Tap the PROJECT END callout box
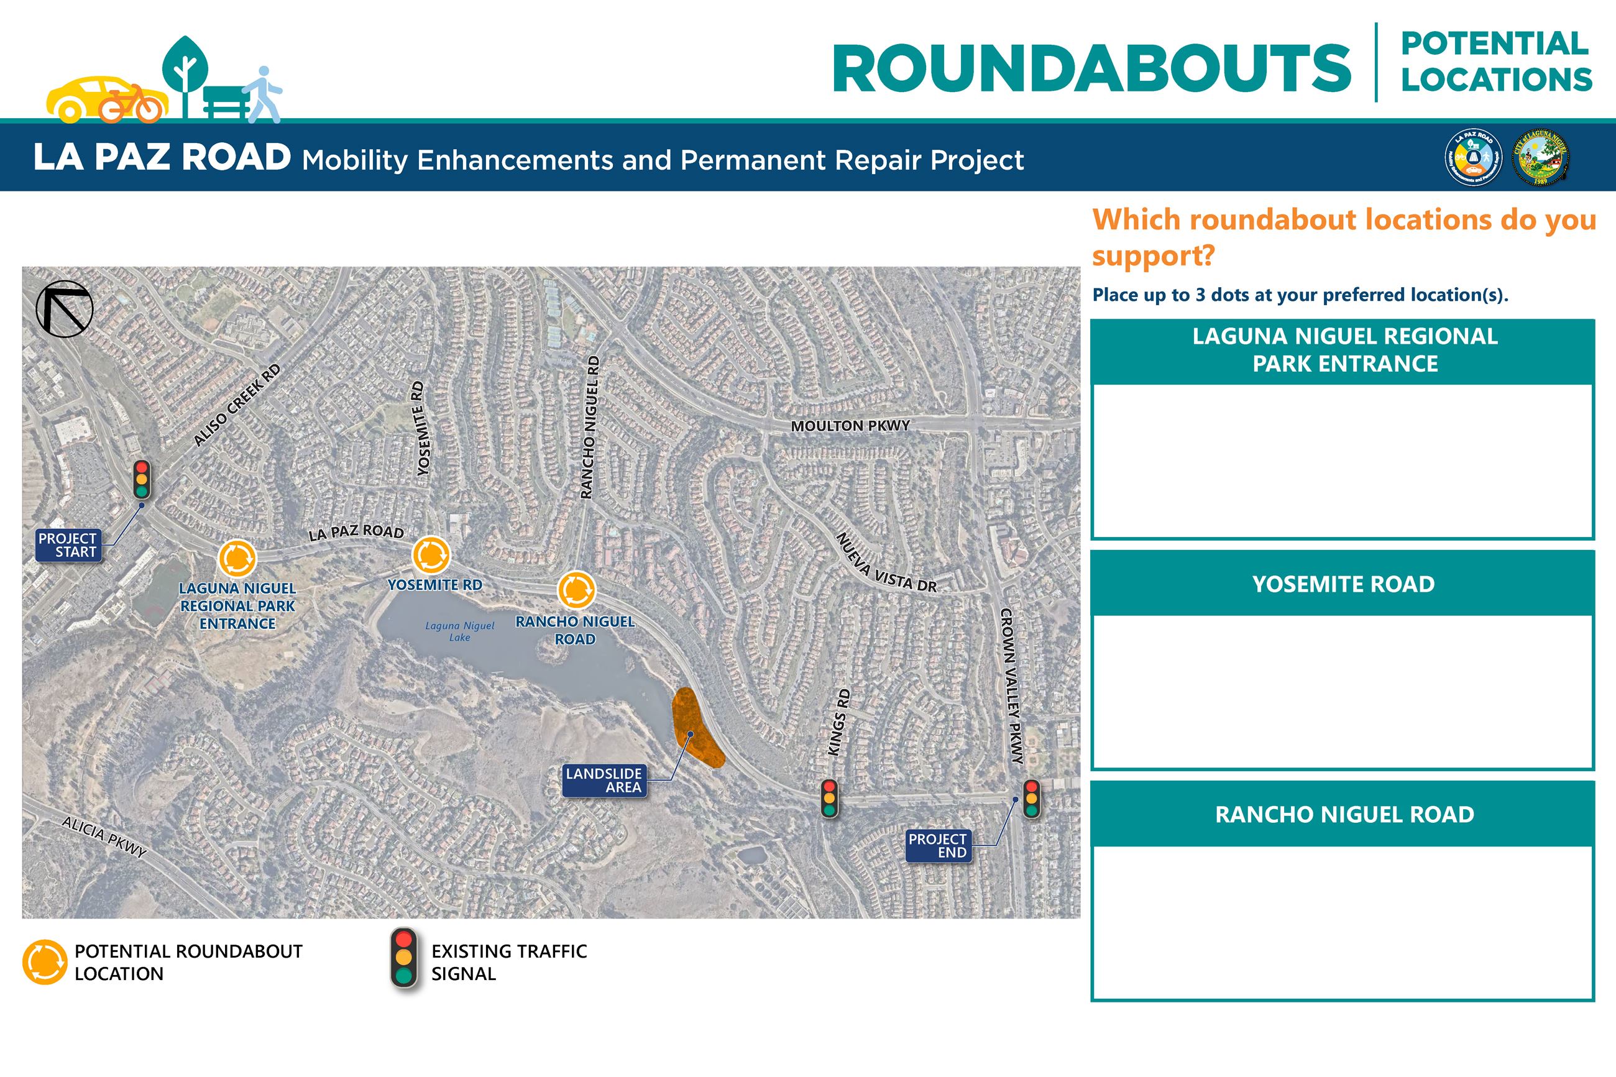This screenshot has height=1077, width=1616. click(937, 846)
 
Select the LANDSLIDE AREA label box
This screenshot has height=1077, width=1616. click(604, 781)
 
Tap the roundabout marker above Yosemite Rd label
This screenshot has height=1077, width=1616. click(431, 555)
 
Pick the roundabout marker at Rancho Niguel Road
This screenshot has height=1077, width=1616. click(576, 589)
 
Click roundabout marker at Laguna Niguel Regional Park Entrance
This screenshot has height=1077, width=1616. click(237, 559)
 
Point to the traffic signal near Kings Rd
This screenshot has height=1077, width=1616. click(829, 797)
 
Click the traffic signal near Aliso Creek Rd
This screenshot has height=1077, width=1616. click(142, 479)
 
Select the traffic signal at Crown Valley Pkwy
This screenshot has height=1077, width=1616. click(1031, 798)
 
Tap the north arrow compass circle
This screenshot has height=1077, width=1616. click(65, 308)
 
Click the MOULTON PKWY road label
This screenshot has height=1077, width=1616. click(850, 426)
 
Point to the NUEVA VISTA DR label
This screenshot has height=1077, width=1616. click(886, 564)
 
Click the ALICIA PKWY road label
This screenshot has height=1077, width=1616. click(104, 836)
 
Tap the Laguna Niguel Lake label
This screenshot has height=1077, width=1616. click(459, 631)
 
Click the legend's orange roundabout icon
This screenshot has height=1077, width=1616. click(45, 961)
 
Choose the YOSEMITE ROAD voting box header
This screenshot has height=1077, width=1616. click(1343, 584)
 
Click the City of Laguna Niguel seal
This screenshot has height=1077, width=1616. click(1540, 157)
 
